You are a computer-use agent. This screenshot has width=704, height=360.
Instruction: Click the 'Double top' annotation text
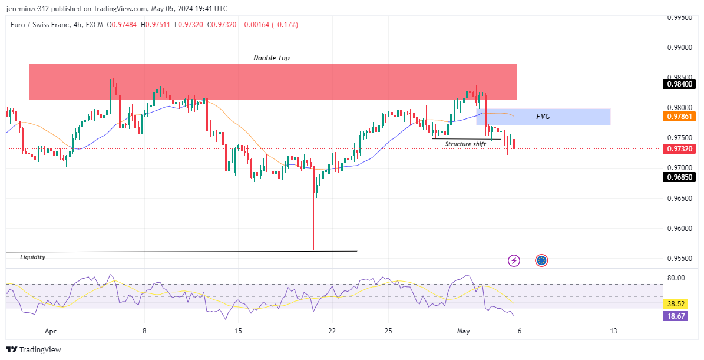(272, 58)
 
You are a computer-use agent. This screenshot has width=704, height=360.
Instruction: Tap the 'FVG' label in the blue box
(543, 117)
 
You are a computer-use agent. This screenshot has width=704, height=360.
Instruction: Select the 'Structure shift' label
(465, 144)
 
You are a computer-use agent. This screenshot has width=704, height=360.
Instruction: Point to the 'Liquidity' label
(32, 257)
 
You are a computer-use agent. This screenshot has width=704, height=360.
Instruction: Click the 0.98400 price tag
(680, 84)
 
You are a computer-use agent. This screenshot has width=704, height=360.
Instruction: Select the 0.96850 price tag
(680, 177)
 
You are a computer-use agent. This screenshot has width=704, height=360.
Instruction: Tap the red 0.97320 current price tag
(680, 149)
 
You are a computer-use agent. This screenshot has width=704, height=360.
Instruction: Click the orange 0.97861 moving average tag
(680, 117)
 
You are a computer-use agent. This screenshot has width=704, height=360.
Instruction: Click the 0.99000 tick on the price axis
(680, 48)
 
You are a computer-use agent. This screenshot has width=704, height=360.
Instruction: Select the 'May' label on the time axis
(464, 331)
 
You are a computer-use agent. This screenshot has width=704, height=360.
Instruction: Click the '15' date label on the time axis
(238, 331)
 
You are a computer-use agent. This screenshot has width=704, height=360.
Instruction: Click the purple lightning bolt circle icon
(514, 260)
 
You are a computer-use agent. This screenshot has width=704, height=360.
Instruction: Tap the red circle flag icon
(541, 260)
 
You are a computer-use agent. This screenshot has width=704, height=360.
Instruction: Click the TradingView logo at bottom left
(34, 350)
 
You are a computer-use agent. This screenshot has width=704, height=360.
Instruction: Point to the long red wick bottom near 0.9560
(313, 249)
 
